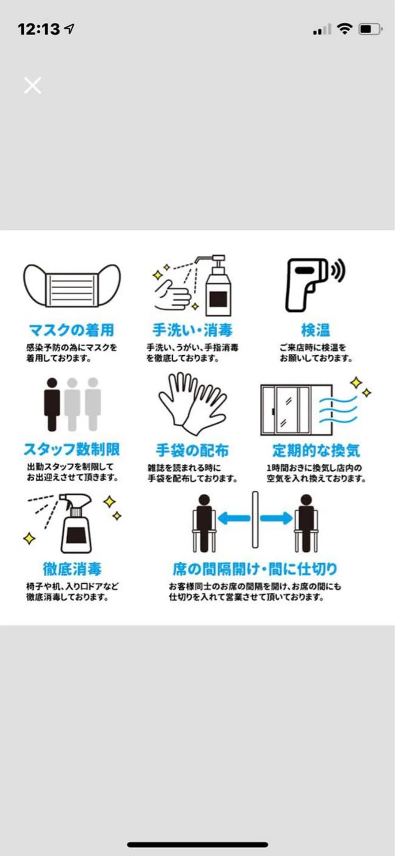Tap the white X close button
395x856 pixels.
33,85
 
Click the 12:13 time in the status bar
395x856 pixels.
38,29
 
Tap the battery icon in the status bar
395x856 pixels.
370,29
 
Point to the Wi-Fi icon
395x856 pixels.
344,29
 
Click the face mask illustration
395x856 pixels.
72,285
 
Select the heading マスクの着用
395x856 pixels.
72,330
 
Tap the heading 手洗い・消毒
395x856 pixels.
192,330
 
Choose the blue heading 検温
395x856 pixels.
316,330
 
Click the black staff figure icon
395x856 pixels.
52,404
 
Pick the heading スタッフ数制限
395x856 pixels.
72,449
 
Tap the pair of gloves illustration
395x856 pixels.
192,404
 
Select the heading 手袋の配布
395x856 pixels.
192,450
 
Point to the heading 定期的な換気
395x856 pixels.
316,450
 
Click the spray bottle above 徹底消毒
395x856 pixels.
76,523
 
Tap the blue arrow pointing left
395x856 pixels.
234,518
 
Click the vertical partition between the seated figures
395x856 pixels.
255,520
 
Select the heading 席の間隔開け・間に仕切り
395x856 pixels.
255,569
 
